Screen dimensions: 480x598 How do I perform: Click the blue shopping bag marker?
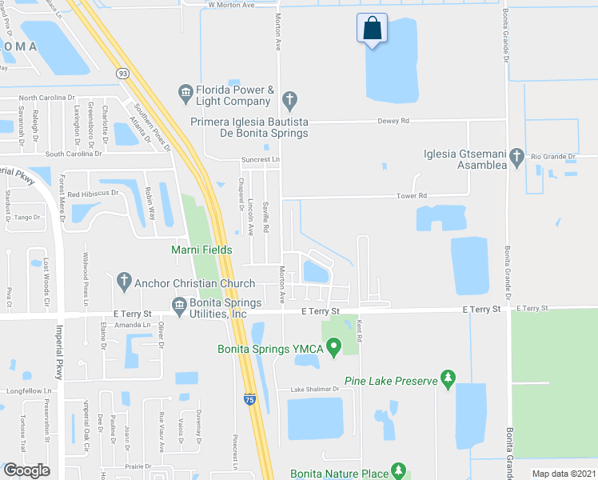point(372,29)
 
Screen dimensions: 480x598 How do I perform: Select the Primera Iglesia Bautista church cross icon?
point(289,101)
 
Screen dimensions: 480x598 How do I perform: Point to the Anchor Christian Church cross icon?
point(123,281)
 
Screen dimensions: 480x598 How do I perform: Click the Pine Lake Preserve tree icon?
point(448,378)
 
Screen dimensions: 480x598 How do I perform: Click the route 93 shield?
point(122,73)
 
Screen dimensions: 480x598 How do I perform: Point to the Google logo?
point(26,470)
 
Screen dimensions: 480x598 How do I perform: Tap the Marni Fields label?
point(201,250)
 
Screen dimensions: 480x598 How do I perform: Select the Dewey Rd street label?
point(393,121)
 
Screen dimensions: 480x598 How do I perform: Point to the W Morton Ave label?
point(230,5)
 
